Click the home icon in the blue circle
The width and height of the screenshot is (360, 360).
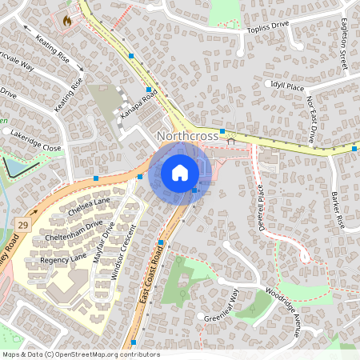coord(180,173)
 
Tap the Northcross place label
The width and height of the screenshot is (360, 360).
coord(188,136)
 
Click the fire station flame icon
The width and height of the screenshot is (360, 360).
coord(67,20)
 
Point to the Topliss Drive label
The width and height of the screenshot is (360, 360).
coord(268,26)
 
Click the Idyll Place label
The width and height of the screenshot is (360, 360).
coord(288,86)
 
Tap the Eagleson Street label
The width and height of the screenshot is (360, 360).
coord(345,44)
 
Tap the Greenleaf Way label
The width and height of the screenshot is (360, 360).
coord(222,306)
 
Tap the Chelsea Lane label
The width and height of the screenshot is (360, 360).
coord(90,206)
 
